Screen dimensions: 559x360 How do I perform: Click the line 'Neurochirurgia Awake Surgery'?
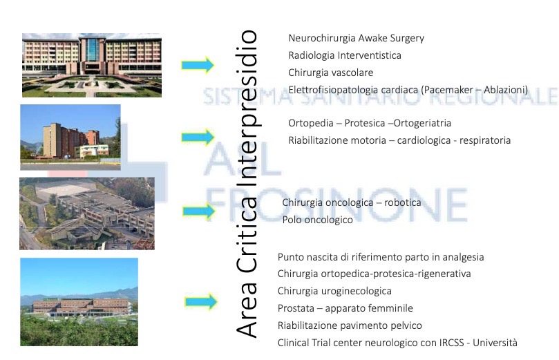(356, 38)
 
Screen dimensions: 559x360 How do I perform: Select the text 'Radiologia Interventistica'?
(345, 55)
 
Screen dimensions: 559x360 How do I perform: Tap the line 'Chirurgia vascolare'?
(331, 73)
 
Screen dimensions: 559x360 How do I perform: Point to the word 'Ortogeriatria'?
(422, 123)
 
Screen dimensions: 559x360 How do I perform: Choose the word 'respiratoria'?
(485, 140)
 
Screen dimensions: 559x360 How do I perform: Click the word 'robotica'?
(403, 202)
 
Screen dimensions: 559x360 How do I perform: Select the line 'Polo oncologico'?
(317, 220)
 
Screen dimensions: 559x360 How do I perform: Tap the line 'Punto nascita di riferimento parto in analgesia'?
(381, 257)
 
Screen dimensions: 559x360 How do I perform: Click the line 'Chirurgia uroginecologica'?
(334, 291)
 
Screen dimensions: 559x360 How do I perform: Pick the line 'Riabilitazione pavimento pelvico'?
(350, 325)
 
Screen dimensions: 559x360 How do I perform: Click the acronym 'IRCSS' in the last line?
(452, 343)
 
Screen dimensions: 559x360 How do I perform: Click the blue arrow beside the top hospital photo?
(198, 65)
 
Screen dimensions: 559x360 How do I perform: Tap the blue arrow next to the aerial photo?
(199, 211)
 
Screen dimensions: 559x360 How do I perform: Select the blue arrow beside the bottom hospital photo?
(200, 302)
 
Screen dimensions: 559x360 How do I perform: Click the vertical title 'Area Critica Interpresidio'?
(247, 184)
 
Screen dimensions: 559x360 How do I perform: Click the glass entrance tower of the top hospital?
(93, 50)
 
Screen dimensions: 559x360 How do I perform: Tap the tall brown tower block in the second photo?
(52, 140)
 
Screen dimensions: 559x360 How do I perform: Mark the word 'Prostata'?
(296, 308)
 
